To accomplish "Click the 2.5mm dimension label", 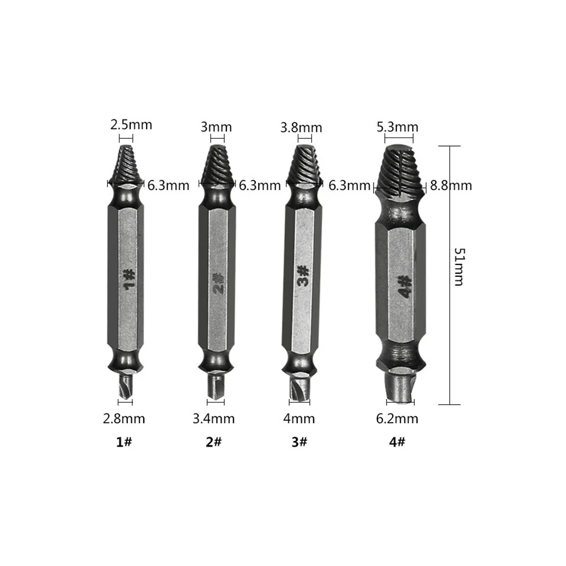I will (x=131, y=125).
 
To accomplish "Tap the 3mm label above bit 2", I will (x=212, y=127).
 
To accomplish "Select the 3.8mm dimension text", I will (x=301, y=127).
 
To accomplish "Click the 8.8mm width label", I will (x=451, y=185).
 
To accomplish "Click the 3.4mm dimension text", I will (x=213, y=419).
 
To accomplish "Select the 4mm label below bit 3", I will (x=299, y=419).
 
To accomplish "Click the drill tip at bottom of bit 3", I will (x=299, y=391).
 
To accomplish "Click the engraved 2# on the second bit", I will (x=217, y=282).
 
